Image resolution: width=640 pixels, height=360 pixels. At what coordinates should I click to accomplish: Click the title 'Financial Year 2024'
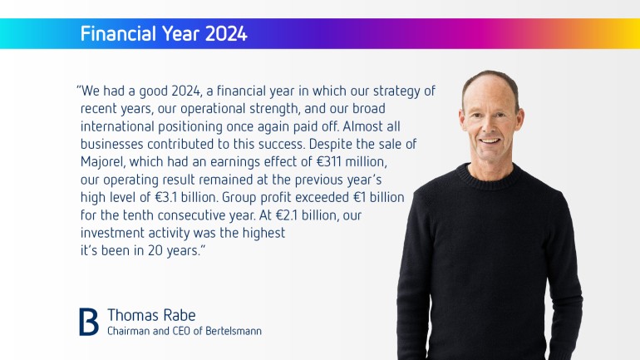click(164, 33)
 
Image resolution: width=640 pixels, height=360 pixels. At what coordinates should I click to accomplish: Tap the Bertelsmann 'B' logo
click(89, 322)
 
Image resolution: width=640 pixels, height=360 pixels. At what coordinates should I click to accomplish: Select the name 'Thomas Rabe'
click(151, 315)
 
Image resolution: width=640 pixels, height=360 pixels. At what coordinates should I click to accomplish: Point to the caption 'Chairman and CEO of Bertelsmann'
click(185, 331)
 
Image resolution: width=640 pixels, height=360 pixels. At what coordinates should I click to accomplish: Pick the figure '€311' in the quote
click(329, 161)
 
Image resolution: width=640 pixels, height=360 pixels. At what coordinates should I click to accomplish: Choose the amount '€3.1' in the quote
click(166, 198)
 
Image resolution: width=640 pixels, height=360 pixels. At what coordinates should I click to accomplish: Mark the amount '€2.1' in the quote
click(287, 215)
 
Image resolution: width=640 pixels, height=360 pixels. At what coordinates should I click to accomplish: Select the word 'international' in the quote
click(117, 126)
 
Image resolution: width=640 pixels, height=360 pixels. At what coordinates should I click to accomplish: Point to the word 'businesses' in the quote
click(112, 144)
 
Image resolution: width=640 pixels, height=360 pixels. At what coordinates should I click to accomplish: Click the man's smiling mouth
click(490, 141)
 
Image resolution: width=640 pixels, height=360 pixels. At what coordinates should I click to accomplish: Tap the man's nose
click(490, 127)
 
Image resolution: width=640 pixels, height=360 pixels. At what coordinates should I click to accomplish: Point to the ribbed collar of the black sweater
click(488, 179)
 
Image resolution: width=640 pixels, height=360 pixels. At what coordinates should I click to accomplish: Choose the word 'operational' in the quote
click(213, 109)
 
